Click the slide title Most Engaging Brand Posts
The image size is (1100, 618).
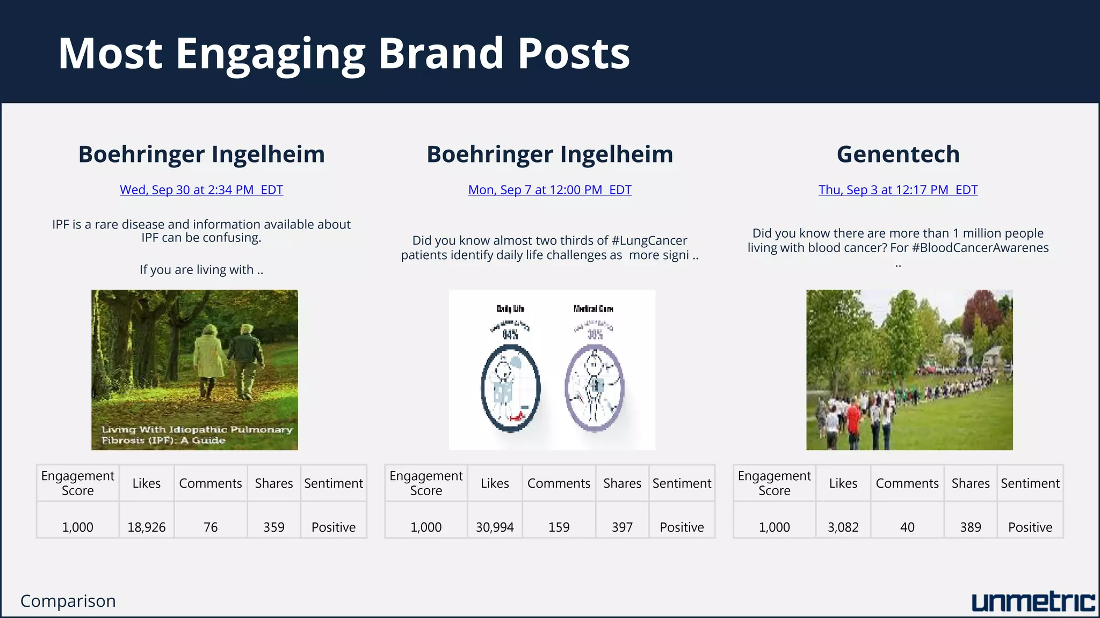[344, 54]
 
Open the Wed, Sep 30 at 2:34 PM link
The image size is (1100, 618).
[201, 190]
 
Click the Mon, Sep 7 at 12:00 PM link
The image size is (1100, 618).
[549, 190]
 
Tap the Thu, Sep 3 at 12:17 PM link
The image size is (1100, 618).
[898, 190]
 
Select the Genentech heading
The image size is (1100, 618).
[898, 154]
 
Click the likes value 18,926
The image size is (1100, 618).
[146, 527]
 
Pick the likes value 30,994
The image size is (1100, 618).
[495, 527]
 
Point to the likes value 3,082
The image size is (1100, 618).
[843, 527]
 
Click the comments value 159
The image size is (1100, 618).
[559, 527]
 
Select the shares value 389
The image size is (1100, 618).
[970, 527]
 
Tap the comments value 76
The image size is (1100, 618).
[211, 527]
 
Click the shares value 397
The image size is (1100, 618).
[622, 527]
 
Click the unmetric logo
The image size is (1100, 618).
[1032, 602]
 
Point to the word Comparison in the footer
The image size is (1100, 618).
[68, 601]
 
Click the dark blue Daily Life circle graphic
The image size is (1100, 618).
[510, 388]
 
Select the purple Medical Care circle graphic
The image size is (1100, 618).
[594, 387]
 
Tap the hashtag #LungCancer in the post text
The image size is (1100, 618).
[649, 240]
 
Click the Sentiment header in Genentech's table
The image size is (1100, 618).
[1030, 483]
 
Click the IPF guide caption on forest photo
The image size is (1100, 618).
[197, 435]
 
